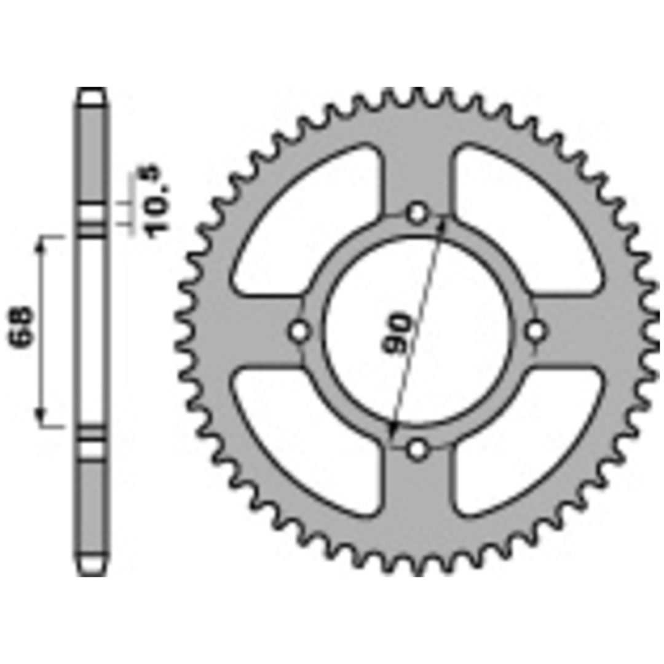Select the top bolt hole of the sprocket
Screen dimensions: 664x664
click(x=417, y=213)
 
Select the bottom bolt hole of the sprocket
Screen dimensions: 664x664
click(x=417, y=449)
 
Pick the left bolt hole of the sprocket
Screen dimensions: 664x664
click(x=299, y=331)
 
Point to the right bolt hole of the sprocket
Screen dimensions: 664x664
click(x=536, y=331)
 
